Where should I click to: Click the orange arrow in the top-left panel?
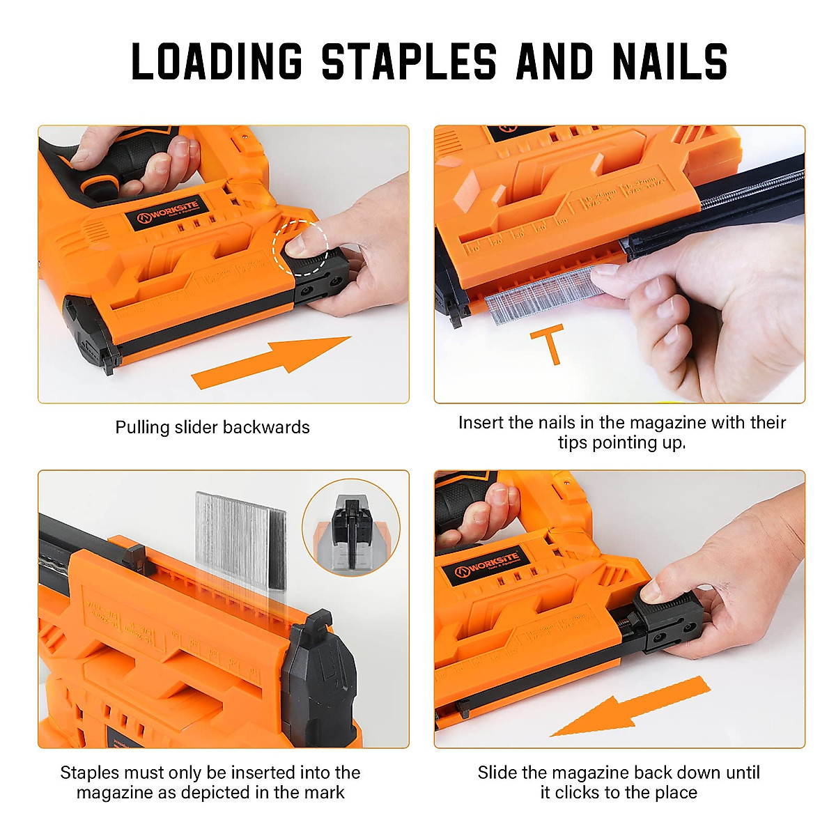click(x=272, y=361)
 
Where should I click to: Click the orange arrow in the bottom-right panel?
click(x=630, y=707)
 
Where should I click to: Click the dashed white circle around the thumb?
click(x=300, y=246)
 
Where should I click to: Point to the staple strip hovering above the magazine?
click(x=240, y=540)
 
